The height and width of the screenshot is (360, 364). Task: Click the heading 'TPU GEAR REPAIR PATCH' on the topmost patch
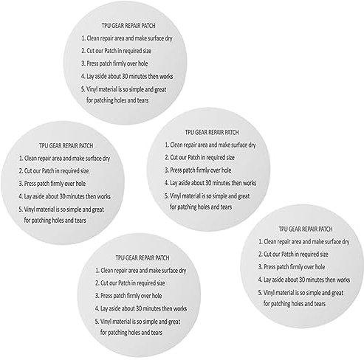[x=128, y=26]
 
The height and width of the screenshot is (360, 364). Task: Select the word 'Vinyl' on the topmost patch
[x=92, y=89]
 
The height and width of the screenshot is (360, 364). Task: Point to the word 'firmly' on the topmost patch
[x=123, y=63]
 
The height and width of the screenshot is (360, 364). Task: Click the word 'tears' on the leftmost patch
[x=80, y=221]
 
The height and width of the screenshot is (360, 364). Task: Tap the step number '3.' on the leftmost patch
[x=21, y=184]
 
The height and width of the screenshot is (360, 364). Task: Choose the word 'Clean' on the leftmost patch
[x=30, y=158]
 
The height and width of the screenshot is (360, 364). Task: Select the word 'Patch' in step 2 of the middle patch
[x=193, y=157]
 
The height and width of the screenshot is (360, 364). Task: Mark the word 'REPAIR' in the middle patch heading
[x=216, y=132]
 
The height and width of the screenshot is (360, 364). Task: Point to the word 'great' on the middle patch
[x=244, y=196]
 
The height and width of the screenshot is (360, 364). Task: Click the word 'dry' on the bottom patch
[x=182, y=271]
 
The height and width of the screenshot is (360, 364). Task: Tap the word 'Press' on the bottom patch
[x=106, y=296]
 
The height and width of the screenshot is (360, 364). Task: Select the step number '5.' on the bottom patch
[x=97, y=322]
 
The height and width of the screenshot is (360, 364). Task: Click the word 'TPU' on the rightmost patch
[x=283, y=229]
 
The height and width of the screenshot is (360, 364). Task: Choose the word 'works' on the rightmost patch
[x=343, y=280]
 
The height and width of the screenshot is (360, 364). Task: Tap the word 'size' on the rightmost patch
[x=323, y=255]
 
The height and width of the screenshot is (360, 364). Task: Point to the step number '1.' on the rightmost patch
[x=261, y=242]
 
